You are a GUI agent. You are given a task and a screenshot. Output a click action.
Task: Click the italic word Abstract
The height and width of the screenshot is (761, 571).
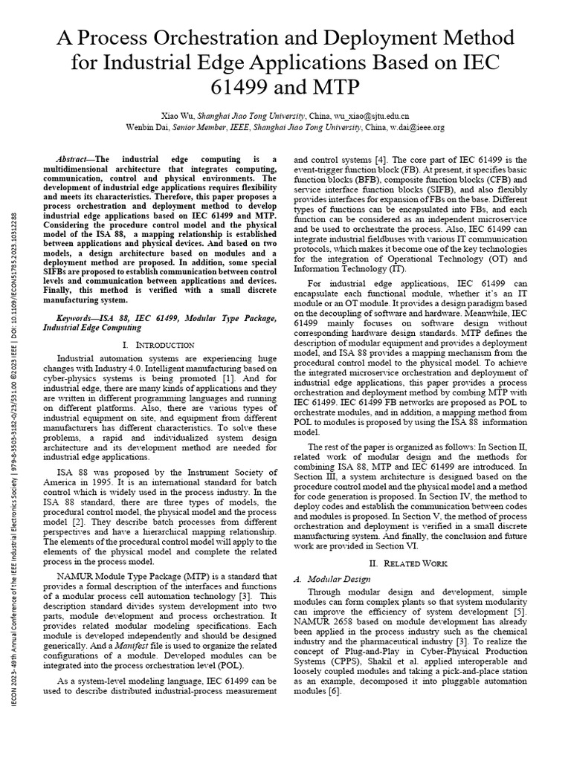click(x=74, y=160)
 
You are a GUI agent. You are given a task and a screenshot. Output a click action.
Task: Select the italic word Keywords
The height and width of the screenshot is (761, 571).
click(x=77, y=317)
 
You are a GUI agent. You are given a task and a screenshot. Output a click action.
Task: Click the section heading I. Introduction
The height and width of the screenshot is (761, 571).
click(x=160, y=345)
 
